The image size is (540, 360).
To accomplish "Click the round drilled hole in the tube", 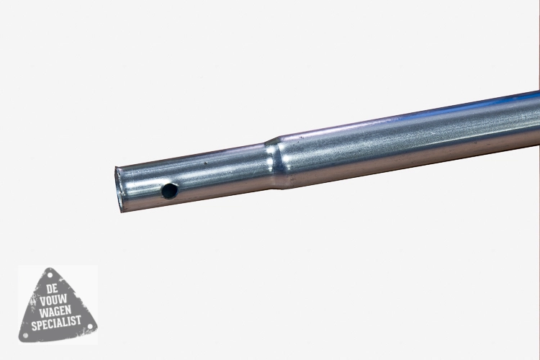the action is coord(170,191).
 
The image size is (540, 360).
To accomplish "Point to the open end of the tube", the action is coord(119,189).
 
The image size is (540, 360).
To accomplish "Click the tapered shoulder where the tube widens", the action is coord(276,163).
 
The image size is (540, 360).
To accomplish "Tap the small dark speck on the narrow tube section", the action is coord(206,163).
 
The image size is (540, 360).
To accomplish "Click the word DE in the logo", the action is coord(52,289).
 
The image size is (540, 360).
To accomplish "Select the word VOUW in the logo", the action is coord(53,300).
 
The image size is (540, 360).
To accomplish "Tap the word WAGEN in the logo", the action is coord(55,312).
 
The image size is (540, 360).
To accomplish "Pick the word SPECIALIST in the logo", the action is coord(56,323).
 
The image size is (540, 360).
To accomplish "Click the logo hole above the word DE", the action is coord(50,276).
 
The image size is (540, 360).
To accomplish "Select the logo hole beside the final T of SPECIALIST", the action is coord(90,326).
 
